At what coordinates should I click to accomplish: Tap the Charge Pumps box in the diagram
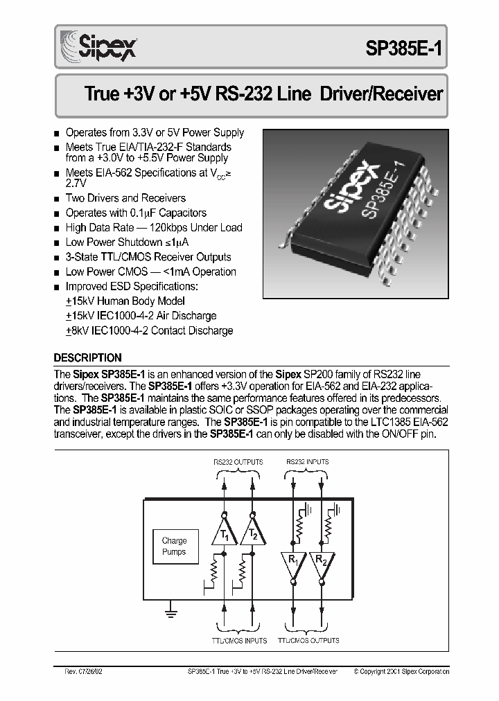(174, 547)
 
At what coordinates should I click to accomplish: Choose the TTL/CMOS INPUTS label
(239, 641)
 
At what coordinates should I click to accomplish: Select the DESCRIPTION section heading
(87, 358)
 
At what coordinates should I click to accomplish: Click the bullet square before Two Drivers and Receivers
(57, 199)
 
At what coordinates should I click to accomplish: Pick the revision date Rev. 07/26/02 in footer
(82, 671)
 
